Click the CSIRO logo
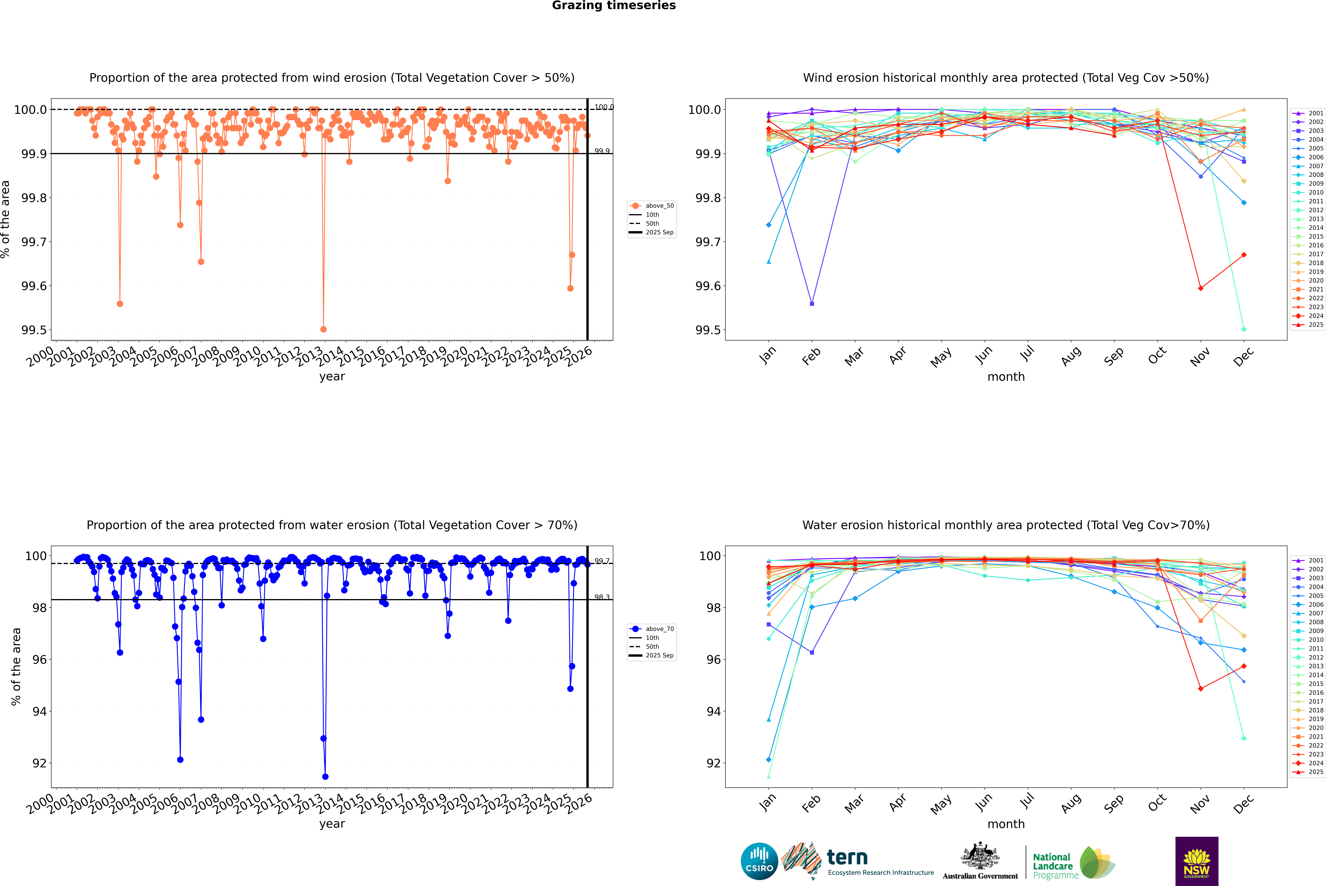[x=759, y=861]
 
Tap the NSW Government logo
[x=1197, y=861]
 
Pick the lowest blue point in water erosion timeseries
[x=325, y=776]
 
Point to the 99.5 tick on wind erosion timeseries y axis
[x=34, y=330]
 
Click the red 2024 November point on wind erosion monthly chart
[x=1200, y=288]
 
